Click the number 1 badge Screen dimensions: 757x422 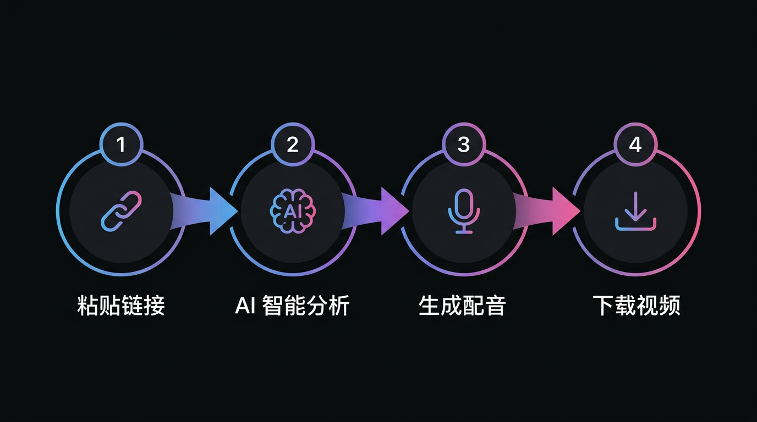click(122, 145)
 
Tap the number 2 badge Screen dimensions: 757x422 click(293, 145)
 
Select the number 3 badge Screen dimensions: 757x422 click(464, 145)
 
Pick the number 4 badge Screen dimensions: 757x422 click(635, 145)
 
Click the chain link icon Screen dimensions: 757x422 click(122, 212)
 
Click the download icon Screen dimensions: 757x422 click(635, 212)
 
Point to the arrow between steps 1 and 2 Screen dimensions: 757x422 click(204, 212)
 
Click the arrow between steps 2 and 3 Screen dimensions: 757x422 click(375, 212)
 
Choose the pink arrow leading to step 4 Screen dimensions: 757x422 click(546, 212)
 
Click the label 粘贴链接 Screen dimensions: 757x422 click(121, 306)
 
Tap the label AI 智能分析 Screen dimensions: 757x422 click(292, 306)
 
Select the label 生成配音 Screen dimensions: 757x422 click(462, 306)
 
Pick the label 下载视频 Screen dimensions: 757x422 click(636, 306)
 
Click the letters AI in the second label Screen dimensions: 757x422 click(245, 306)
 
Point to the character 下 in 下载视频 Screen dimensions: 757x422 click(603, 306)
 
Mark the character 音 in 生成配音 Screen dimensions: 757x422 click(495, 306)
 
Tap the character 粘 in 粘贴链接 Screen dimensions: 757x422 click(87, 306)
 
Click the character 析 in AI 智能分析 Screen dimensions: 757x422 click(339, 306)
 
